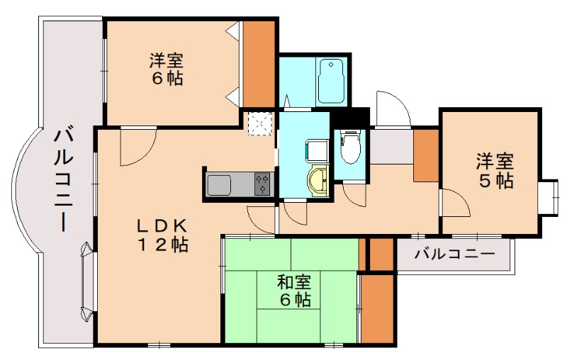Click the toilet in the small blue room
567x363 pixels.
[348, 147]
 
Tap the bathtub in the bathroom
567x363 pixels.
[331, 81]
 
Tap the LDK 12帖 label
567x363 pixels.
[162, 235]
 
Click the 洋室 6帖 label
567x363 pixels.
[167, 69]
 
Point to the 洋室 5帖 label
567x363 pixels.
[494, 171]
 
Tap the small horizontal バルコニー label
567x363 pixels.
[454, 253]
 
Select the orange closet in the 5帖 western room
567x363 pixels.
[426, 155]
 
